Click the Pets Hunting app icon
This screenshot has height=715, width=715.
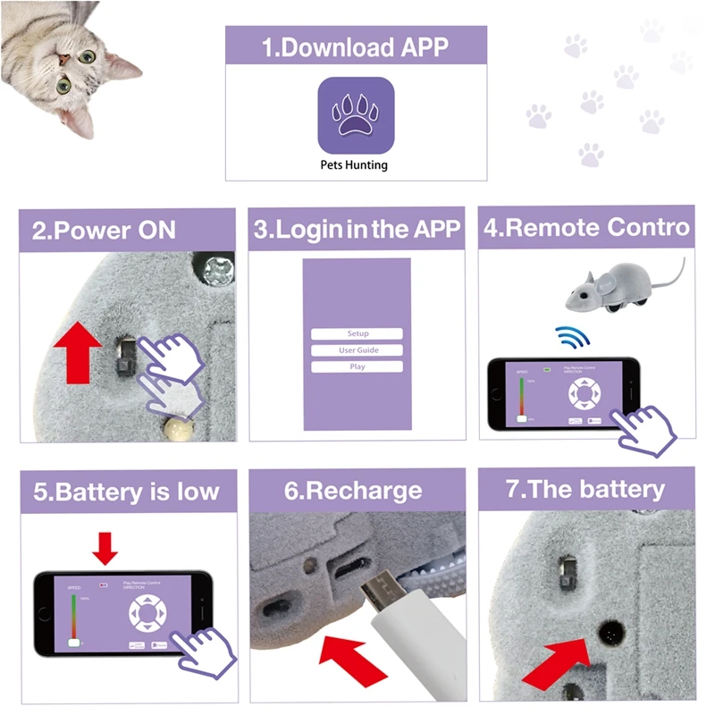coord(356,114)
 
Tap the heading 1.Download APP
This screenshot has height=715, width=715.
coord(355,46)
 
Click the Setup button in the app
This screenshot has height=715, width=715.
coord(357,333)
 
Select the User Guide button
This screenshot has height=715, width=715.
coord(357,350)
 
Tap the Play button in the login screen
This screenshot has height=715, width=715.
coord(357,366)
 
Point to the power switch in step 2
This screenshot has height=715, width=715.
coord(125,358)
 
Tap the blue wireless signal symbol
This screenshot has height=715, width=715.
coord(570,338)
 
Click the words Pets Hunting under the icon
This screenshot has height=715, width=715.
coord(355,164)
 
